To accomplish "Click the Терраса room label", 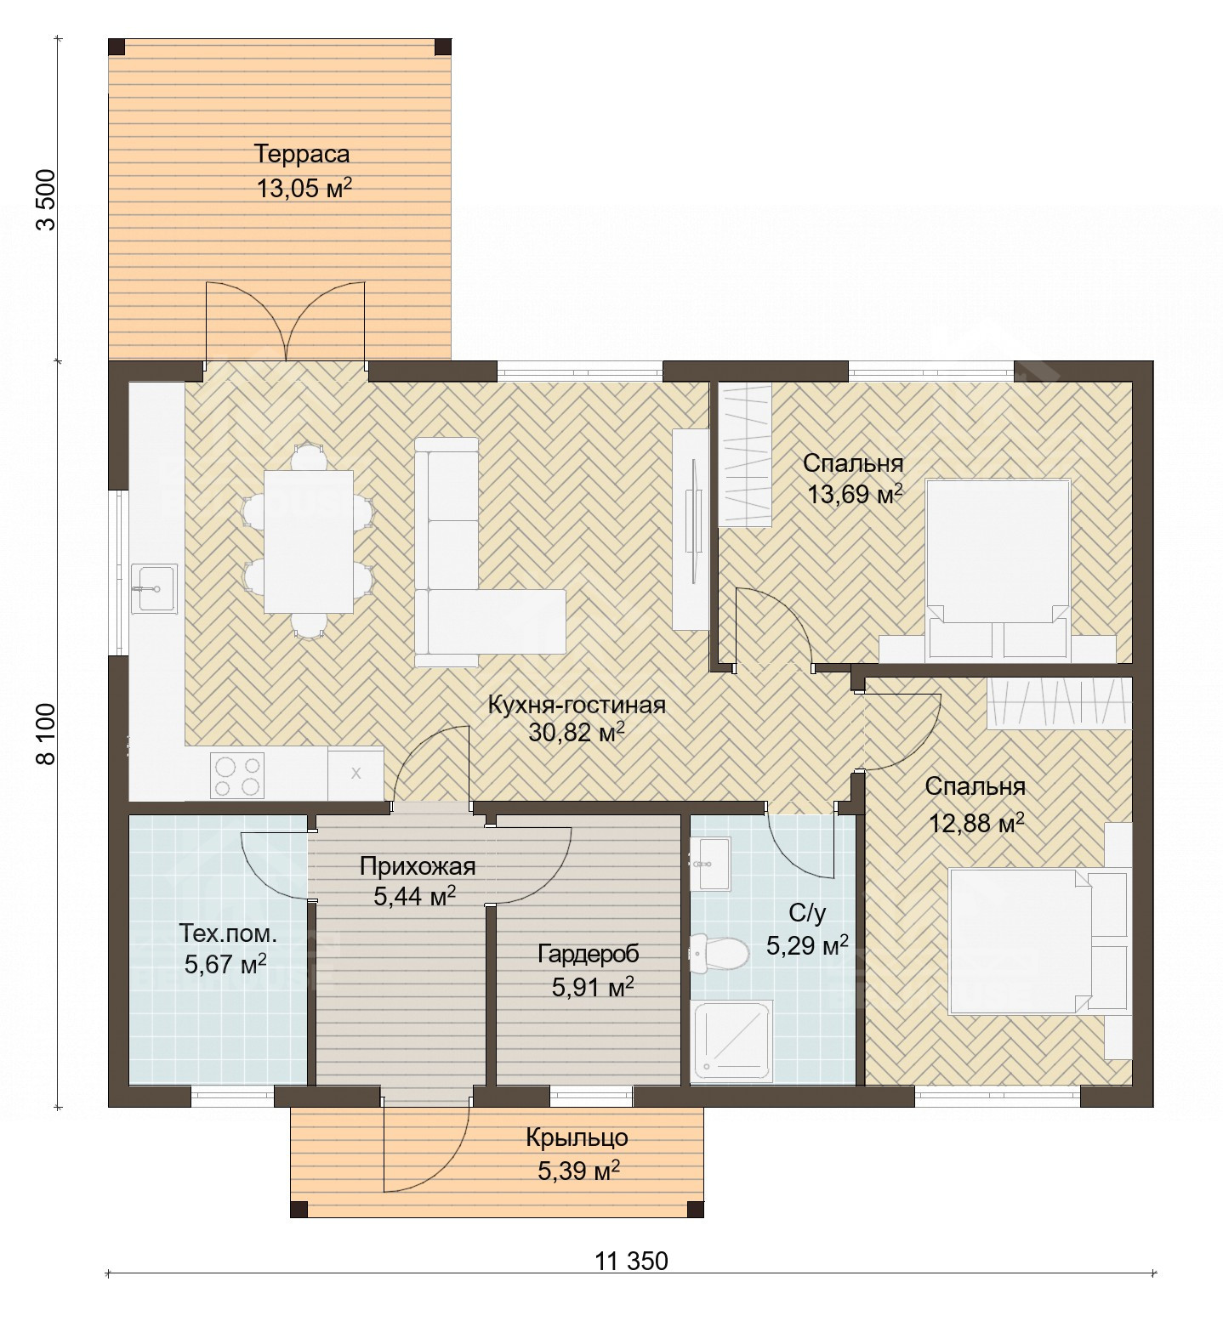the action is (x=302, y=154).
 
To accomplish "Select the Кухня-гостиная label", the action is (x=577, y=705).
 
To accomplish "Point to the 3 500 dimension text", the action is (x=47, y=200).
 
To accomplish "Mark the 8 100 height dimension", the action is (x=47, y=734).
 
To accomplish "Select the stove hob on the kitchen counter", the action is (x=237, y=776).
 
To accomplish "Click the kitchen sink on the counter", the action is (x=153, y=587).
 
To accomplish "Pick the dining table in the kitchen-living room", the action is (x=308, y=542).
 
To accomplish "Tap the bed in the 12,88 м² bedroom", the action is (x=1021, y=939).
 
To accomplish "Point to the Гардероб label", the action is (x=589, y=954).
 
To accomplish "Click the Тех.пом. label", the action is (x=228, y=933).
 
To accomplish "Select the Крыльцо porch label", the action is (x=577, y=1137).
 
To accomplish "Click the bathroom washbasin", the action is (x=709, y=864).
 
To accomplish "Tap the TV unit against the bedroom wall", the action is (x=691, y=529).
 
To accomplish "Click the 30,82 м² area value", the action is (x=577, y=733).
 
